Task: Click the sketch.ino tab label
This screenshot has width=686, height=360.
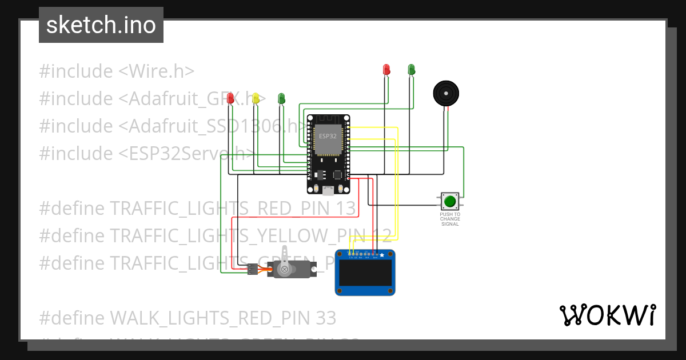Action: pyautogui.click(x=101, y=25)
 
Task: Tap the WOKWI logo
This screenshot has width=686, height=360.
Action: pyautogui.click(x=607, y=315)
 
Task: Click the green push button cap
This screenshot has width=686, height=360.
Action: pyautogui.click(x=450, y=201)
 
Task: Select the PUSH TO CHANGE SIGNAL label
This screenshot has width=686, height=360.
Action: pyautogui.click(x=450, y=219)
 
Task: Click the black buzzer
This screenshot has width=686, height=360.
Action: pyautogui.click(x=445, y=93)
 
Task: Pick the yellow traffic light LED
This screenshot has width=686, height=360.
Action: pyautogui.click(x=256, y=98)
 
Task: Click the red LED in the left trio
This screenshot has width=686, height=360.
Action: pyautogui.click(x=230, y=98)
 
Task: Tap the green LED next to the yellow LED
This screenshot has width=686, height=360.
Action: pyautogui.click(x=281, y=98)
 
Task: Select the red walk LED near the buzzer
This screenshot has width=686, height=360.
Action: pyautogui.click(x=386, y=70)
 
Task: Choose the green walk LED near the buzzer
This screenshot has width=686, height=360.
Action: pyautogui.click(x=411, y=70)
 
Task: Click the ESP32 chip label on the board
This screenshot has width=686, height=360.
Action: pyautogui.click(x=328, y=135)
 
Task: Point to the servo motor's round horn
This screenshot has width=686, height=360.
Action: pyautogui.click(x=284, y=269)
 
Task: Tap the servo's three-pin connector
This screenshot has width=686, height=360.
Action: pyautogui.click(x=252, y=269)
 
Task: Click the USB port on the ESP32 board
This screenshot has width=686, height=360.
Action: pyautogui.click(x=328, y=190)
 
